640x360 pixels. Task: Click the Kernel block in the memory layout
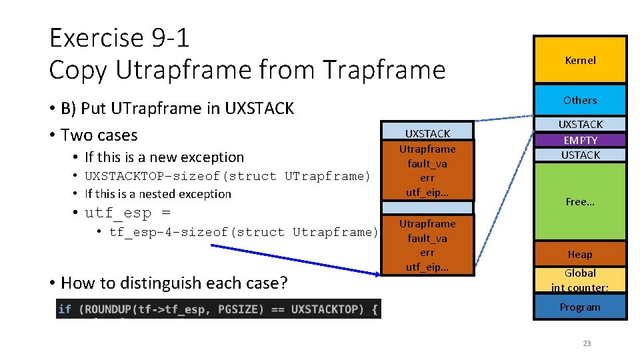[580, 60]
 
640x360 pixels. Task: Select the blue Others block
[580, 100]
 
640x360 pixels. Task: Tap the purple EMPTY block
[580, 140]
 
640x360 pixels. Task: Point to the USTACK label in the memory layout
[580, 155]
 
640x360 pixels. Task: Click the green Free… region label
[580, 202]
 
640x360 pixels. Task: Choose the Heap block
[580, 254]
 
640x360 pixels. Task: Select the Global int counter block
[580, 280]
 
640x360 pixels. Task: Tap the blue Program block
[580, 307]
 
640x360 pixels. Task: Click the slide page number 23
[587, 343]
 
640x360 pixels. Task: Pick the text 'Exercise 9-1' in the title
[119, 38]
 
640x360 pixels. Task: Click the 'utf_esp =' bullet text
[127, 213]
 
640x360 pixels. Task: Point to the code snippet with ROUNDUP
[218, 309]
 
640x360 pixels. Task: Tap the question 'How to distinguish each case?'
[174, 283]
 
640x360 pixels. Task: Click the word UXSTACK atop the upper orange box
[427, 133]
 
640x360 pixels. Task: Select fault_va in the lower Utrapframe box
[427, 238]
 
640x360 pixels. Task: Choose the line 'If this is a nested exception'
[158, 194]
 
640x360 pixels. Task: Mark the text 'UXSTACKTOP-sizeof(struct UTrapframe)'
[227, 176]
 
